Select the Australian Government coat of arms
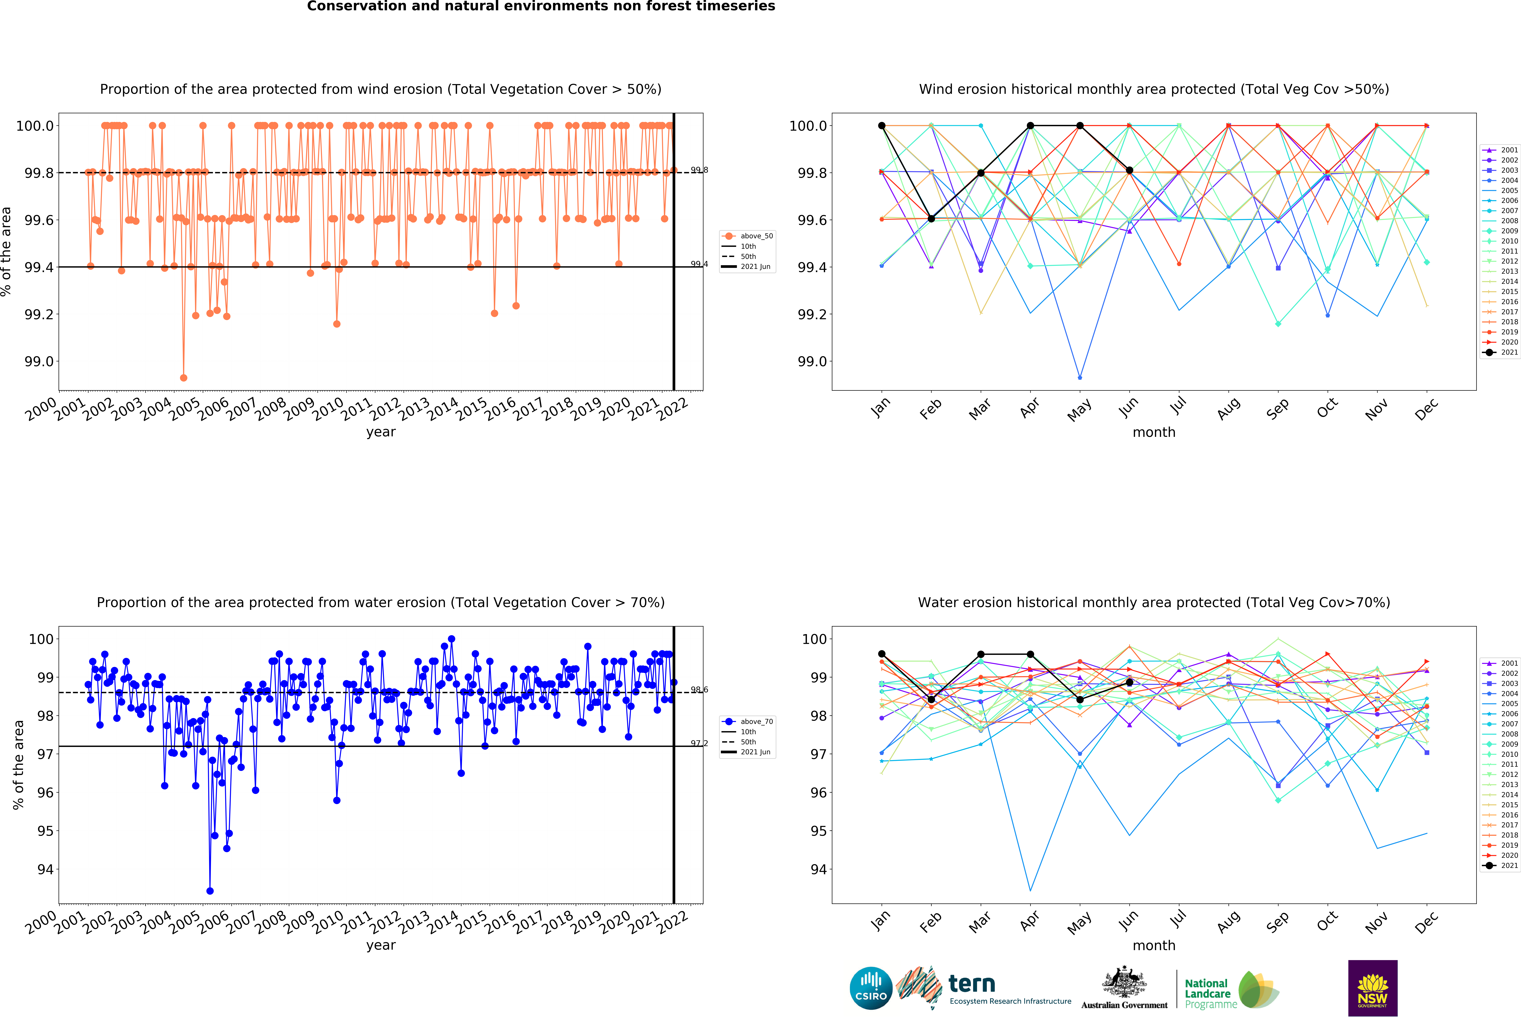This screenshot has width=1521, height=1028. pos(1124,981)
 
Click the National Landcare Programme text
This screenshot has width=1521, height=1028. pos(1208,993)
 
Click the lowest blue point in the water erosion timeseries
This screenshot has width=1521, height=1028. pos(209,891)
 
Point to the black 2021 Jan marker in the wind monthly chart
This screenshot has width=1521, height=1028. pos(882,126)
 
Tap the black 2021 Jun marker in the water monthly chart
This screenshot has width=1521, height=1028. pos(1129,683)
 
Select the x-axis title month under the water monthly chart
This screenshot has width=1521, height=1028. pos(1154,946)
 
